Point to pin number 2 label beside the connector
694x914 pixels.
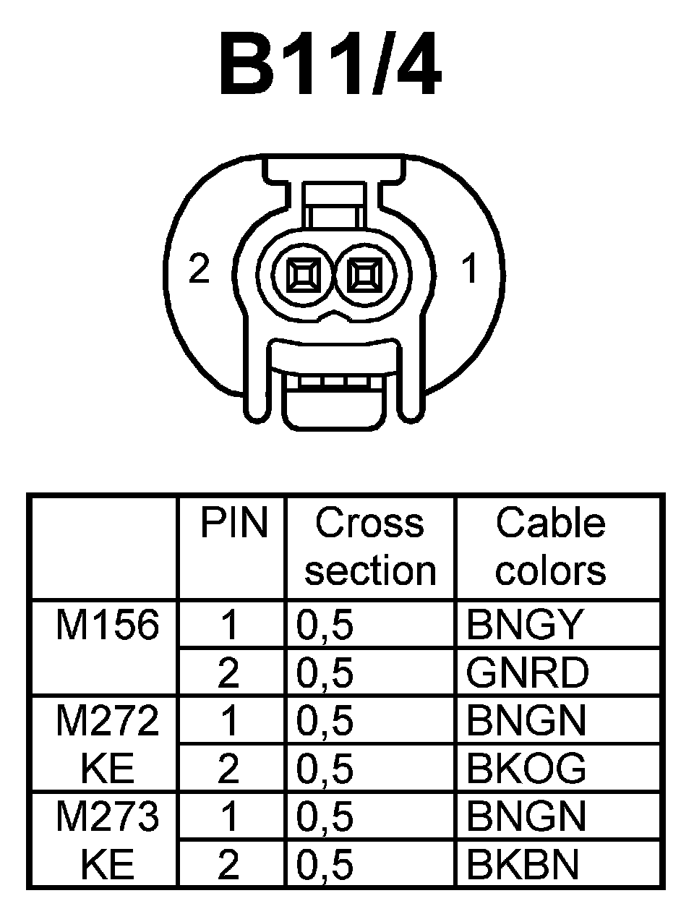(x=199, y=269)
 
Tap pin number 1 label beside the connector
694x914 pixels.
(x=470, y=270)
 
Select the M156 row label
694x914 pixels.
(x=106, y=624)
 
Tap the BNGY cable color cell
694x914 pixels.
(x=524, y=625)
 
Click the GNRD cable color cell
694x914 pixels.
(x=528, y=672)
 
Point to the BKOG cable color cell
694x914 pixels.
(x=526, y=768)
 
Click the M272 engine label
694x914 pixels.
(x=106, y=720)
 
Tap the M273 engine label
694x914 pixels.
(x=106, y=816)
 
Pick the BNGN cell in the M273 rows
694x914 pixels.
(x=526, y=816)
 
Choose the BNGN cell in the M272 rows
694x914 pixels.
(x=526, y=720)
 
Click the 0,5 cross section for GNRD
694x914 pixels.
(x=325, y=672)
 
